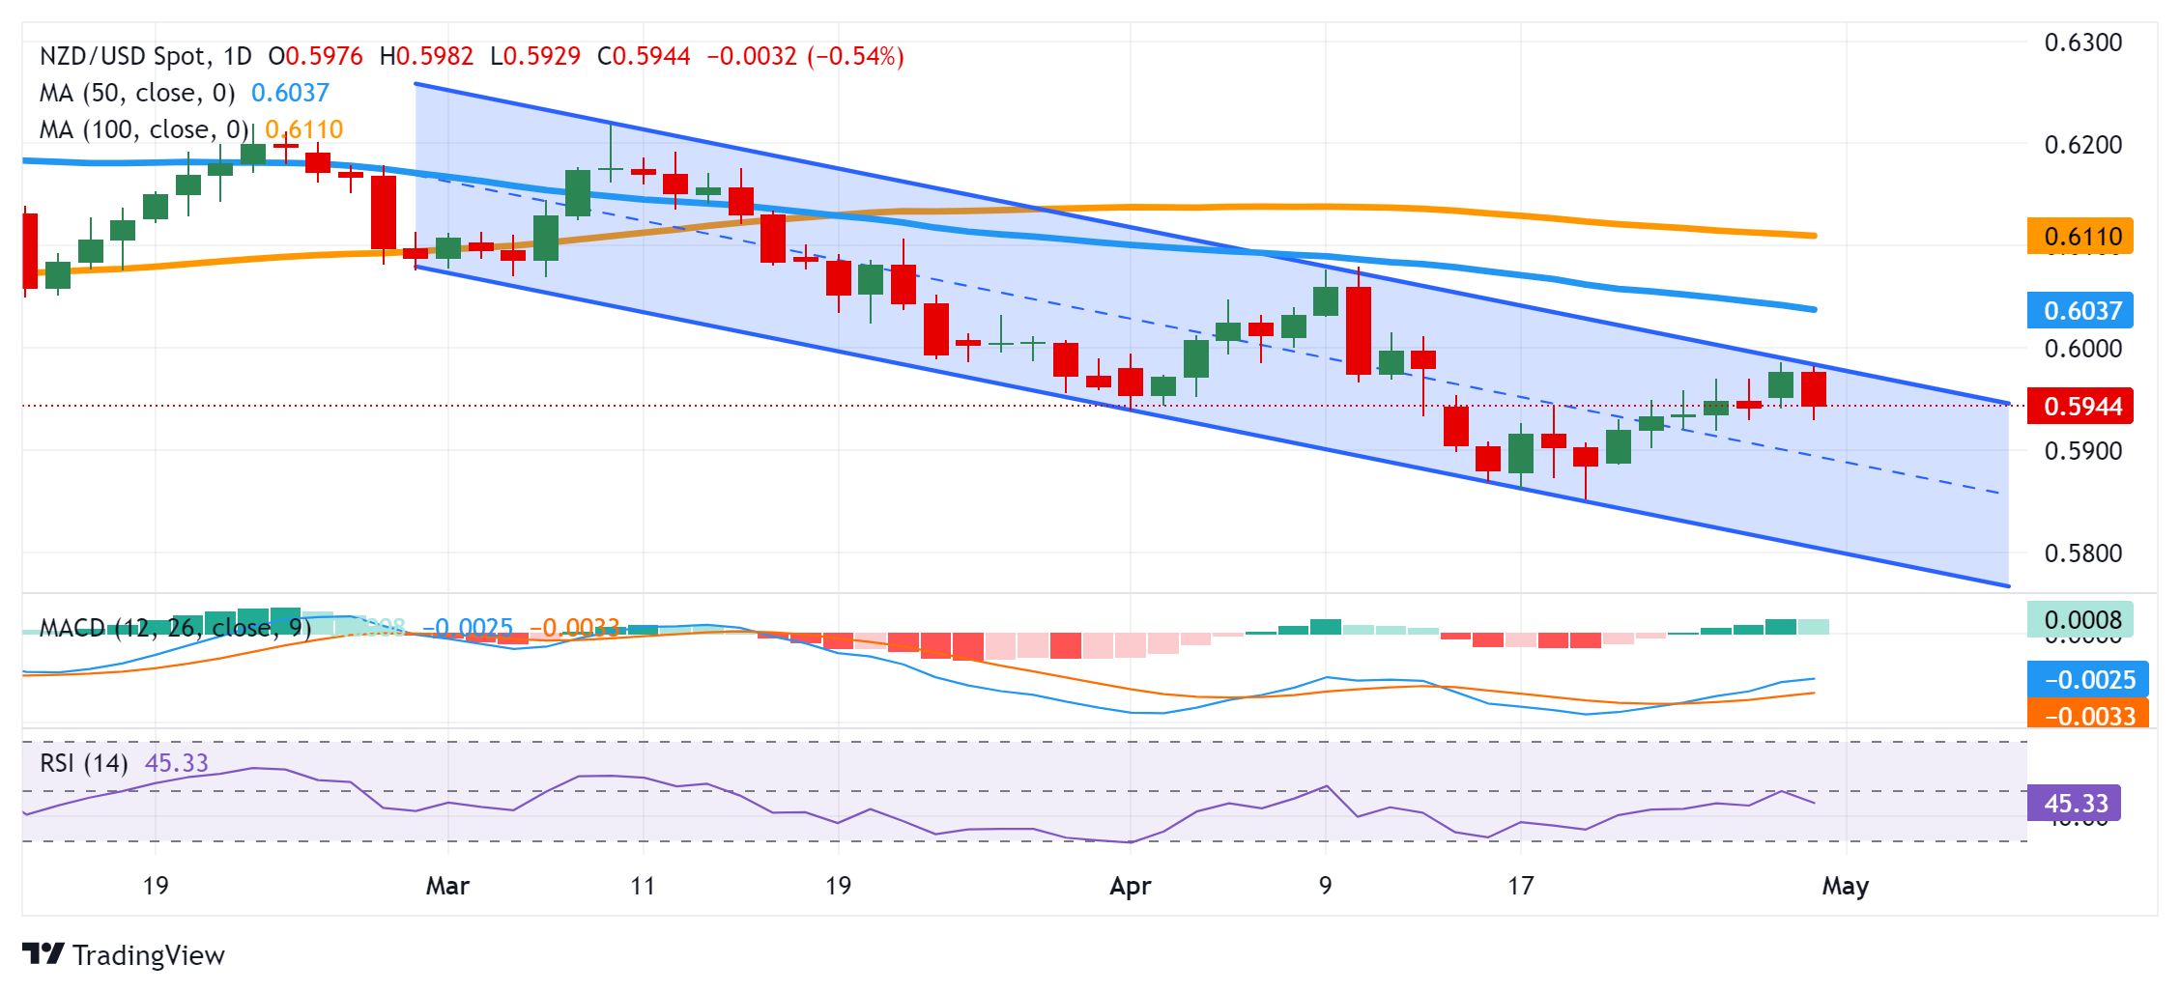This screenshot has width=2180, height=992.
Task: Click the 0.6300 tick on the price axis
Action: (x=2082, y=43)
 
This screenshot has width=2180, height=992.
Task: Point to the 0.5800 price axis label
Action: (x=2082, y=553)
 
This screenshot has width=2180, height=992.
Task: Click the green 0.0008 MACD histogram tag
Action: (x=2081, y=620)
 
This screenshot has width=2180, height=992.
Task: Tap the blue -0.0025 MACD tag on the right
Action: (x=2087, y=680)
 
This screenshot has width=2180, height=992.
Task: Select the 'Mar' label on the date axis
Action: (x=447, y=886)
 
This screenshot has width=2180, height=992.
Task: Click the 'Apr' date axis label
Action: (x=1130, y=886)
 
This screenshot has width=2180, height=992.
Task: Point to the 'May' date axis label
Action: (x=1845, y=886)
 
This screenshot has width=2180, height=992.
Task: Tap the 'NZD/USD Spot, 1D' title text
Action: (x=145, y=56)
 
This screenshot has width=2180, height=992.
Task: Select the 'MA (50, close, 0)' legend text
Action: (x=137, y=93)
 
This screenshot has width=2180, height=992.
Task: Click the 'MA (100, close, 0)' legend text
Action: (x=144, y=129)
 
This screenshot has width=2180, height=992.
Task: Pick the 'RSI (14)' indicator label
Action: (x=84, y=763)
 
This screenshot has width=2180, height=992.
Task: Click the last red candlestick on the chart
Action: (x=1814, y=389)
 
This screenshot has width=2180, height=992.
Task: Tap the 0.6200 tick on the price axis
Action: (x=2082, y=145)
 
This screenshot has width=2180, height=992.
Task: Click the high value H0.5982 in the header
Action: (x=426, y=56)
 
